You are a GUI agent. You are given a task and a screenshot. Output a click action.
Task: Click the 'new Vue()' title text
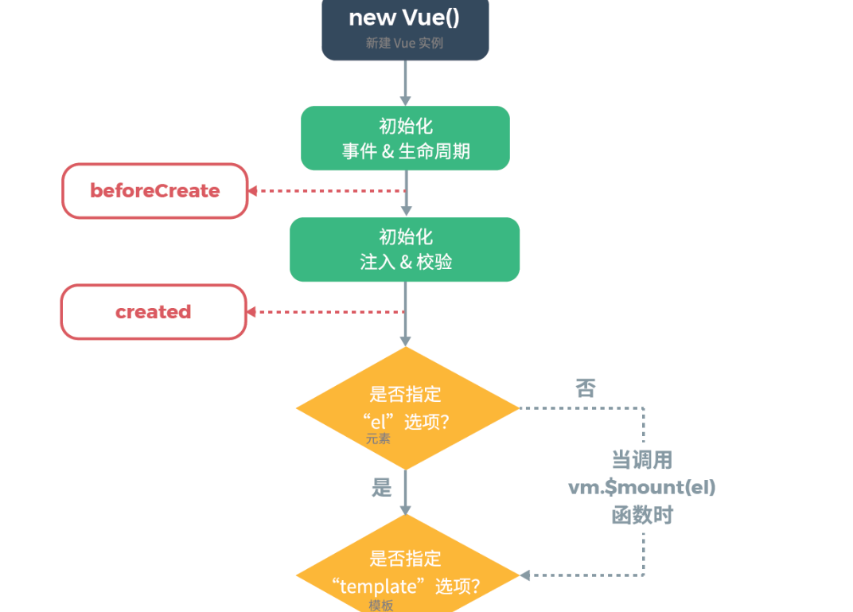pos(404,18)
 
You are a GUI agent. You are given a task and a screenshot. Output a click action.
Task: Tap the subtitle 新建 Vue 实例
pos(404,44)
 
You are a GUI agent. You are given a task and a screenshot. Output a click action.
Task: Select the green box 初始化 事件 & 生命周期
pos(405,138)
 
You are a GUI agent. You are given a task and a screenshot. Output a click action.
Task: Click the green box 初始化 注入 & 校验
pos(404,249)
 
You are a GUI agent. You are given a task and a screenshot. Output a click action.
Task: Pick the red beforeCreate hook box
pos(155,191)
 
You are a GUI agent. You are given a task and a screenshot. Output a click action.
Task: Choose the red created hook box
pos(154,312)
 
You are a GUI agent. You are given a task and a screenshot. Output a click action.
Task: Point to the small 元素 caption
pos(379,439)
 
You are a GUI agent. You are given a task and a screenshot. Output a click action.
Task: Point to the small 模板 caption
pos(381,606)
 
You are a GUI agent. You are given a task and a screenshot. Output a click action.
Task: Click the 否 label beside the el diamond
pos(586,388)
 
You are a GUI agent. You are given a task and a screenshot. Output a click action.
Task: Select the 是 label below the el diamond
pos(382,487)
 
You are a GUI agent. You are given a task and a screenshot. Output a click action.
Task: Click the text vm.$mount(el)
pos(642,487)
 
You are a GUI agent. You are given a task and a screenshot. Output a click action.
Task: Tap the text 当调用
pos(642,460)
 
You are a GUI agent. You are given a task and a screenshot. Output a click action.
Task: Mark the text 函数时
pos(642,515)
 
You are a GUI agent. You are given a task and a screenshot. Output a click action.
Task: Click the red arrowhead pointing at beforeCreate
pos(252,191)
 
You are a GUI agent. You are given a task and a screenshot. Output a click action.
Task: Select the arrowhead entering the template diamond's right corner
pos(525,575)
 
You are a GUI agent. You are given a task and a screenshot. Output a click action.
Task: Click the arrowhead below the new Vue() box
pos(405,100)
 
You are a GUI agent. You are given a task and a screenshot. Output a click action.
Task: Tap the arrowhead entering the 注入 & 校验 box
pos(406,212)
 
